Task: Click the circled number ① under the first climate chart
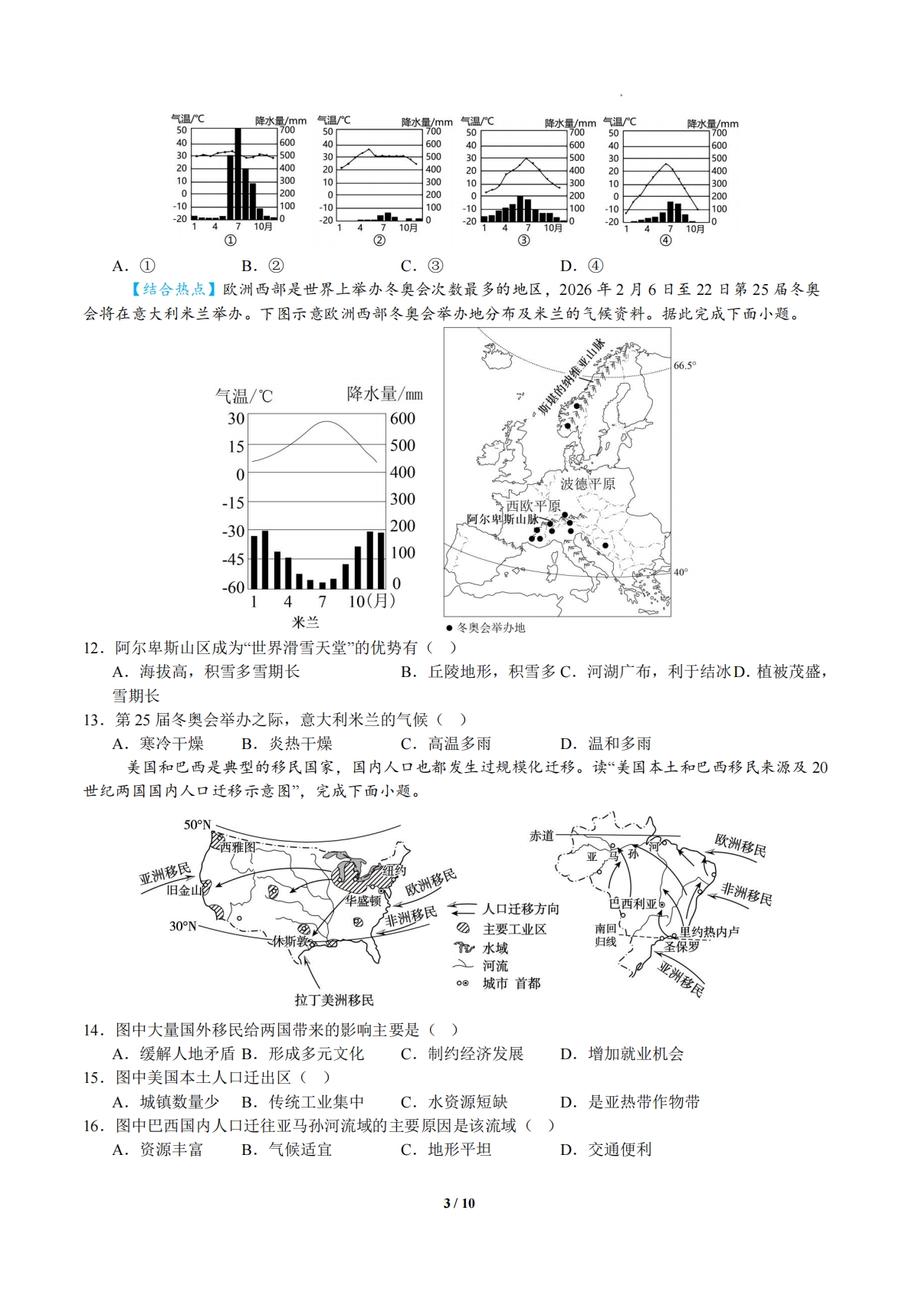230,240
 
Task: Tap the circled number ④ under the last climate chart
665,240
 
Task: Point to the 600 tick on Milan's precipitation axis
402,418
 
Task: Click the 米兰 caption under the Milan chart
305,622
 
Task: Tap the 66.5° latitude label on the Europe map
684,365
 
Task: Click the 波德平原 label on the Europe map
587,483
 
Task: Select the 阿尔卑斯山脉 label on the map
502,519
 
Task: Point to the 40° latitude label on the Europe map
681,572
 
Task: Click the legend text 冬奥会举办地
490,627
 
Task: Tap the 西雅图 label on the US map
238,846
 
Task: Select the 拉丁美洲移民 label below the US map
334,999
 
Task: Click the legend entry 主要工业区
514,928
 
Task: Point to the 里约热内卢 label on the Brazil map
710,932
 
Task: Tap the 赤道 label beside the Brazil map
541,835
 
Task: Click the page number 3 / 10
459,1202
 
